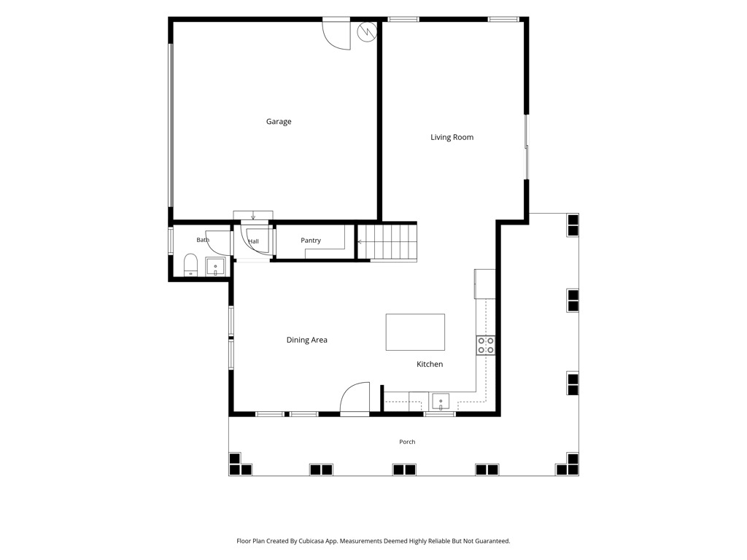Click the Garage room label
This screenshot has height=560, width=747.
tap(279, 122)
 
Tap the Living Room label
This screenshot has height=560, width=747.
tap(452, 137)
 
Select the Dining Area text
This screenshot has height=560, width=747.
tap(307, 340)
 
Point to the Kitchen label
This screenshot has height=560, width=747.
tap(430, 365)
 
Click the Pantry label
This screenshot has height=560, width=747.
tap(311, 241)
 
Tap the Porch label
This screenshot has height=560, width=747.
tap(407, 442)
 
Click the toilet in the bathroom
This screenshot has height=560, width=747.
tap(190, 265)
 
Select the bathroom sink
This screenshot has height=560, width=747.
tap(215, 267)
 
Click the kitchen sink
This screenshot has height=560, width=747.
tap(441, 402)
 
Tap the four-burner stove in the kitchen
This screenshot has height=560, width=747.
tap(486, 345)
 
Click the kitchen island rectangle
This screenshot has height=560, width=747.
tap(415, 332)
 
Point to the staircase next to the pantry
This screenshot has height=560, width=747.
tap(387, 243)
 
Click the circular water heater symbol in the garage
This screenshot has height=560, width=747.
tap(367, 32)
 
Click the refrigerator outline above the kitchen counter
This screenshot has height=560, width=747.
tap(485, 284)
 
